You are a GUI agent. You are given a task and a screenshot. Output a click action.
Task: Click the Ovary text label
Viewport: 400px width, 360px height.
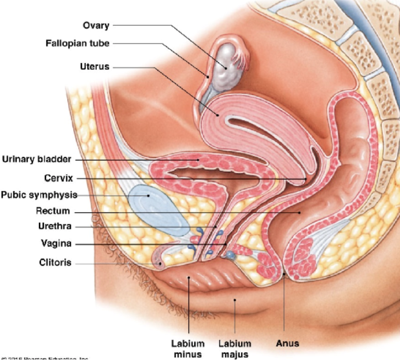pos(96,25)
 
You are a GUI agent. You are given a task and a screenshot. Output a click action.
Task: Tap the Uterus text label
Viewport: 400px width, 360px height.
pos(94,67)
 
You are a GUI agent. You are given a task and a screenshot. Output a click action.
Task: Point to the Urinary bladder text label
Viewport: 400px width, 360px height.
pos(36,159)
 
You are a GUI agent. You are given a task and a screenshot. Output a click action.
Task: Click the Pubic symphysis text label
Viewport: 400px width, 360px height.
pos(39,195)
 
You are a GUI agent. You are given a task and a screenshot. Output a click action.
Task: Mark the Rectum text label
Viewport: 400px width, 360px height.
pos(53,211)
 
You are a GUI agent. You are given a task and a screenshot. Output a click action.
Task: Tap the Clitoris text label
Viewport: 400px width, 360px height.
pos(55,263)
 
